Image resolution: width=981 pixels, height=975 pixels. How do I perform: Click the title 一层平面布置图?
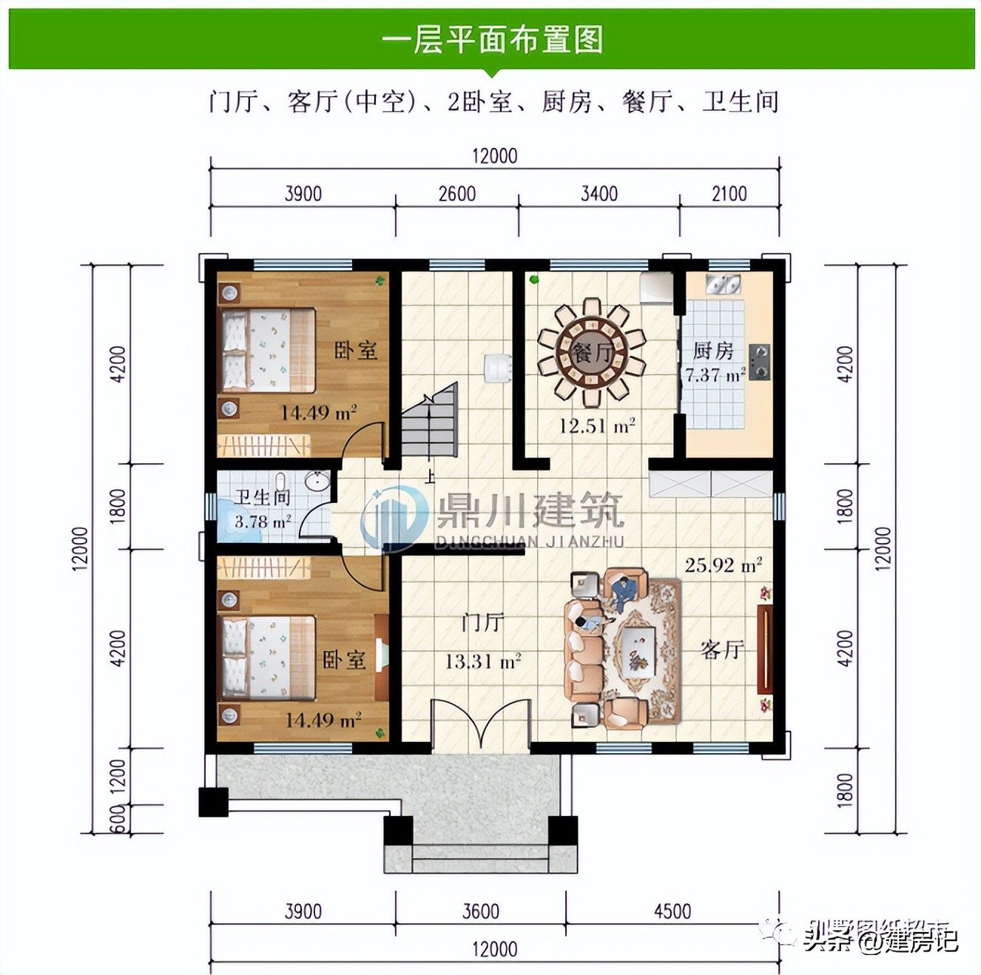(x=492, y=39)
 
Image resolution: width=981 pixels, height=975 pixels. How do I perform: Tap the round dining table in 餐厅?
(x=592, y=352)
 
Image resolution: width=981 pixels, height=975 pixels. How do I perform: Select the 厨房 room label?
(x=712, y=350)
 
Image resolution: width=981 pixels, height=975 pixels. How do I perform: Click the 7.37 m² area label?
(x=714, y=375)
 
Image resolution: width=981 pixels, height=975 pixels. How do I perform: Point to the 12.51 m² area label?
(x=596, y=426)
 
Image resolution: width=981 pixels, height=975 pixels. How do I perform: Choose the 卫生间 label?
(x=262, y=497)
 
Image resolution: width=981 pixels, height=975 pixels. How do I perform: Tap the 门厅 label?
(x=482, y=622)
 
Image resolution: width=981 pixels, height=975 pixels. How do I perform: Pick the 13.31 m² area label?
(x=482, y=661)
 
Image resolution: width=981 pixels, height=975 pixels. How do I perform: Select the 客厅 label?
(x=721, y=650)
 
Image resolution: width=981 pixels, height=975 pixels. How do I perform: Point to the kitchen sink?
(x=722, y=284)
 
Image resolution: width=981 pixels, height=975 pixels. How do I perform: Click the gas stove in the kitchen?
(x=758, y=362)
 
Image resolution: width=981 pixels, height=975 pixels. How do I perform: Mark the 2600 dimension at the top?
(x=456, y=194)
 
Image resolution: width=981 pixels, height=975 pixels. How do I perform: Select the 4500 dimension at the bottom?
(x=672, y=911)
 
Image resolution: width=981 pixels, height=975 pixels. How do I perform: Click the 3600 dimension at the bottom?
(x=481, y=911)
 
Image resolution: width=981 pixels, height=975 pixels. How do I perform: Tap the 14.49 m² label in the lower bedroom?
(x=323, y=719)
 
